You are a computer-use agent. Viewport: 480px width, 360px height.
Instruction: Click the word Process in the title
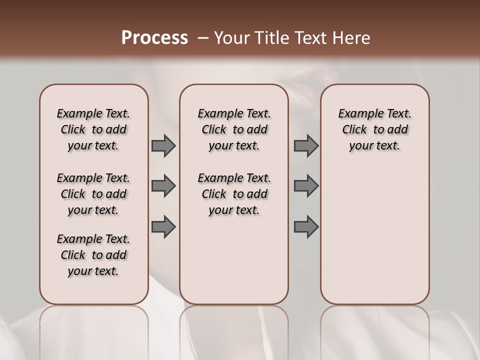[154, 37]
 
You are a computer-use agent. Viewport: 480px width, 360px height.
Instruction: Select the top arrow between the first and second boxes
[163, 145]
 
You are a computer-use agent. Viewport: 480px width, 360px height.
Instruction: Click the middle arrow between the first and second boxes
[163, 186]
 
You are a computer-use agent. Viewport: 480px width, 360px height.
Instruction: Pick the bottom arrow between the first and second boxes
[163, 227]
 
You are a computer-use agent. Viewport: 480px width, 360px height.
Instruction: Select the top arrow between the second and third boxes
[306, 145]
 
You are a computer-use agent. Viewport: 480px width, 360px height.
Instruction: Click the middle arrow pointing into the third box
[306, 186]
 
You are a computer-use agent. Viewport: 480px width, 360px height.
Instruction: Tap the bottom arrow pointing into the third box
[306, 227]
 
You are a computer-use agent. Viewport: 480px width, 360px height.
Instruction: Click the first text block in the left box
[93, 129]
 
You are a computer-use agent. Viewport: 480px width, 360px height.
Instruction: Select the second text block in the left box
[93, 194]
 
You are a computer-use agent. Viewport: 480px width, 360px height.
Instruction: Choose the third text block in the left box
[93, 255]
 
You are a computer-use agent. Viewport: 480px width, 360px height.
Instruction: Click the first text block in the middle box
[234, 129]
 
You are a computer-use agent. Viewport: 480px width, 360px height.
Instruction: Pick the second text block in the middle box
[234, 194]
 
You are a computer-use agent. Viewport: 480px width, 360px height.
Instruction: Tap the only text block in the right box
[375, 129]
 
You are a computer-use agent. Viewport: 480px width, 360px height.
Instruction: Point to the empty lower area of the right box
[375, 230]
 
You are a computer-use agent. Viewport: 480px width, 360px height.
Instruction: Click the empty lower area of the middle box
[234, 260]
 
